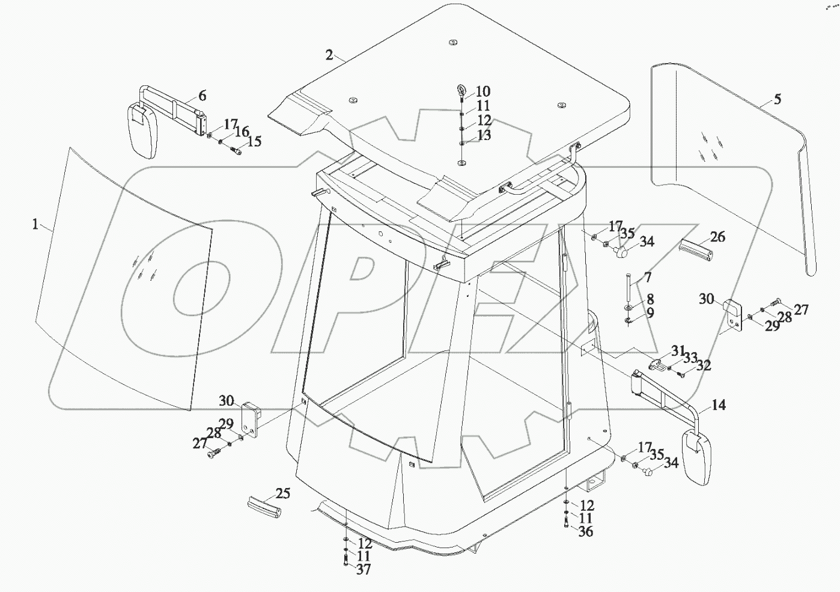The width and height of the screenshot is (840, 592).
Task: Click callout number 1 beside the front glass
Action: click(35, 224)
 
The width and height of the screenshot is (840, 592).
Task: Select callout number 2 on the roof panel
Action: click(329, 55)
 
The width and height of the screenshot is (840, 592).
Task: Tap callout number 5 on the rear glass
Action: click(778, 99)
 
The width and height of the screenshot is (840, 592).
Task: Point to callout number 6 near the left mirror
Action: click(202, 96)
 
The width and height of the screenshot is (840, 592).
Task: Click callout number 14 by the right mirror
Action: click(719, 405)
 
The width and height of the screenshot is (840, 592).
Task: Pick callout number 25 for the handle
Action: click(283, 493)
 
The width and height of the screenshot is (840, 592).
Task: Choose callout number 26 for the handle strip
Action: click(717, 236)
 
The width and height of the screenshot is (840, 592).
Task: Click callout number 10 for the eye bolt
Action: click(482, 91)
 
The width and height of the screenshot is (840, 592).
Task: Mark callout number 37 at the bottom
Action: click(363, 569)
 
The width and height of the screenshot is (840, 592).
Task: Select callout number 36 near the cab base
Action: click(585, 531)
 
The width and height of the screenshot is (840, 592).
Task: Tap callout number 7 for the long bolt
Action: click(647, 277)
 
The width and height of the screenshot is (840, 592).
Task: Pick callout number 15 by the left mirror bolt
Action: click(255, 141)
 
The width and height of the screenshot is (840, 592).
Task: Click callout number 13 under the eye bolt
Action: click(484, 135)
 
